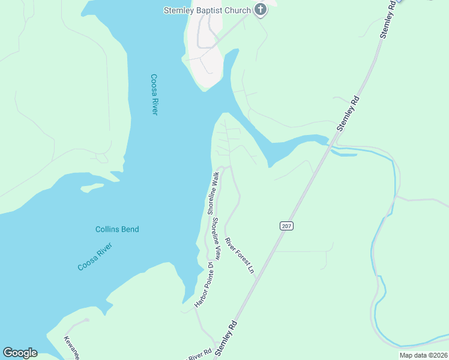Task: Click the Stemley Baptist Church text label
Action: coord(208,10)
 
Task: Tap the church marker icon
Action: coord(260,9)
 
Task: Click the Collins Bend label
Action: coord(117,229)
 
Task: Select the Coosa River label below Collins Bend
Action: coord(95,258)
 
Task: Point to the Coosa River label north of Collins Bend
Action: coord(154,94)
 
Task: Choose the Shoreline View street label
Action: coord(215,239)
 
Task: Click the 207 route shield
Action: coord(286,225)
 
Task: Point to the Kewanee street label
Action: coord(71,347)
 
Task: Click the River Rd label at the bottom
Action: coord(200,353)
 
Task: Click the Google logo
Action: coord(20,353)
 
